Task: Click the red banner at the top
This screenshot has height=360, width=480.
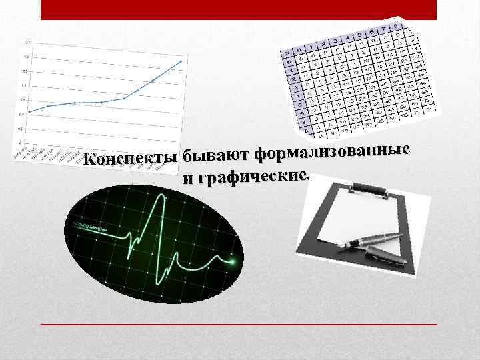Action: (x=238, y=9)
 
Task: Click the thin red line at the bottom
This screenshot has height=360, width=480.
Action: (x=238, y=324)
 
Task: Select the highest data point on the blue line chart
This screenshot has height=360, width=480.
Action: (x=181, y=62)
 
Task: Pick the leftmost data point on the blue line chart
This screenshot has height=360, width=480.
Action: (x=29, y=111)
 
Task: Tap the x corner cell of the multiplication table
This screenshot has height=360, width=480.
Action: (x=287, y=53)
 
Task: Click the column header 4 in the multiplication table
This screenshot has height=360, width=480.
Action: (x=348, y=37)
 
